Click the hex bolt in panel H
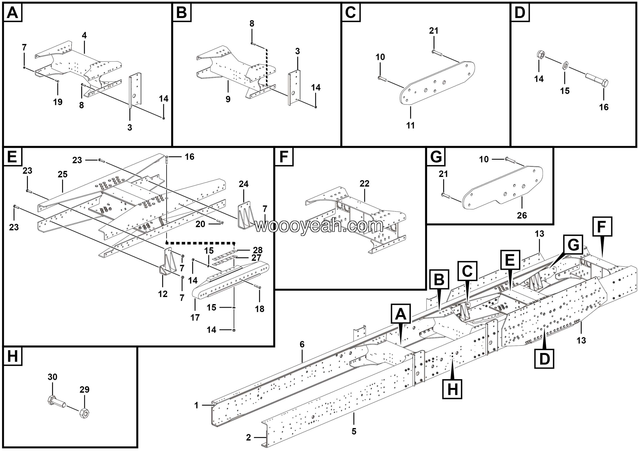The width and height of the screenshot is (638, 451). pyautogui.click(x=56, y=402)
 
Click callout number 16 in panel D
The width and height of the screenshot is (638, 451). pyautogui.click(x=604, y=107)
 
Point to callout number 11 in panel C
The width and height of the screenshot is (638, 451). pyautogui.click(x=410, y=125)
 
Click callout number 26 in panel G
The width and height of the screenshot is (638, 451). pyautogui.click(x=522, y=215)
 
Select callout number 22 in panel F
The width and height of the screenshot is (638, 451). pyautogui.click(x=364, y=184)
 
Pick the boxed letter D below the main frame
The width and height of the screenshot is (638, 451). pyautogui.click(x=544, y=359)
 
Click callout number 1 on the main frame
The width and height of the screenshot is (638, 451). pyautogui.click(x=196, y=405)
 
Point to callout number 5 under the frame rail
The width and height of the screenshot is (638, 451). pyautogui.click(x=354, y=431)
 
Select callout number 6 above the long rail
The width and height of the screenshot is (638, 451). pyautogui.click(x=302, y=344)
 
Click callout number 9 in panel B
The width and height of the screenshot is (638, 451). pyautogui.click(x=228, y=99)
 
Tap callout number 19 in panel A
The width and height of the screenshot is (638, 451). pyautogui.click(x=58, y=102)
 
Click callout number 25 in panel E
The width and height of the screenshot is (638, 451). pyautogui.click(x=63, y=174)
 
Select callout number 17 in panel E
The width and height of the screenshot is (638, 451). pyautogui.click(x=195, y=317)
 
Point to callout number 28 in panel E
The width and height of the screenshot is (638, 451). pyautogui.click(x=258, y=250)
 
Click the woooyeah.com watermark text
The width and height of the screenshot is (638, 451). pyautogui.click(x=319, y=226)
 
